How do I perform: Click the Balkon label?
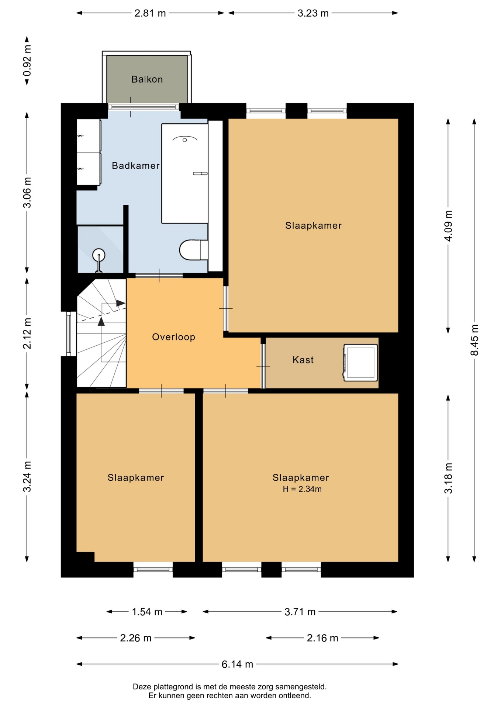(x=147, y=79)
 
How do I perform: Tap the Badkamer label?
(x=136, y=166)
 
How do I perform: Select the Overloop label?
(x=174, y=337)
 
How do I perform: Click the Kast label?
(x=303, y=360)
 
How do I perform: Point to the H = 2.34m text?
(x=302, y=489)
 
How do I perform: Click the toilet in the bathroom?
(x=194, y=250)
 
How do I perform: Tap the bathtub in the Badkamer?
(x=185, y=174)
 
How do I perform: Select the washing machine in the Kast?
(x=360, y=363)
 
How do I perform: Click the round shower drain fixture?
(x=99, y=255)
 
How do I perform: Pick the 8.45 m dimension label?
(x=474, y=340)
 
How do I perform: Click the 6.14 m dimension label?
(x=237, y=664)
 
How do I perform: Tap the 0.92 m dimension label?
(x=27, y=61)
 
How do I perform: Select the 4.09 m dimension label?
(x=448, y=226)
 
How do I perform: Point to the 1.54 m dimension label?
(x=147, y=612)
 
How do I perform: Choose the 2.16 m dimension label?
(x=322, y=638)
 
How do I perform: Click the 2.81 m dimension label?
(x=150, y=13)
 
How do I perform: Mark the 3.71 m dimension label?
(x=300, y=612)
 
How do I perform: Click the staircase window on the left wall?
(x=69, y=334)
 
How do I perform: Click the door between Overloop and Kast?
(x=263, y=366)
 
